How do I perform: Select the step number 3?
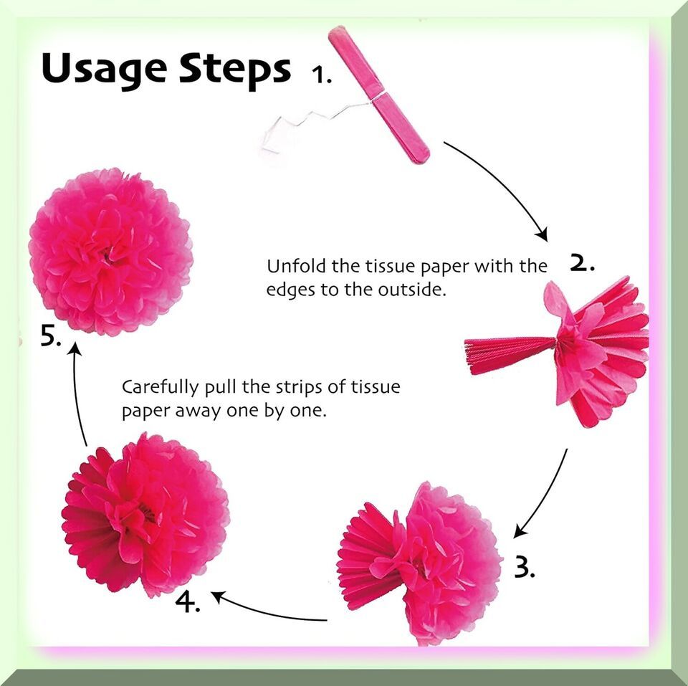[x=524, y=568]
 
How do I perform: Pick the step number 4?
[x=188, y=601]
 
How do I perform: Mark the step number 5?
[x=50, y=337]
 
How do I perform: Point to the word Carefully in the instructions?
[x=160, y=388]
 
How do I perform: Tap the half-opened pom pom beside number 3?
[x=421, y=563]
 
